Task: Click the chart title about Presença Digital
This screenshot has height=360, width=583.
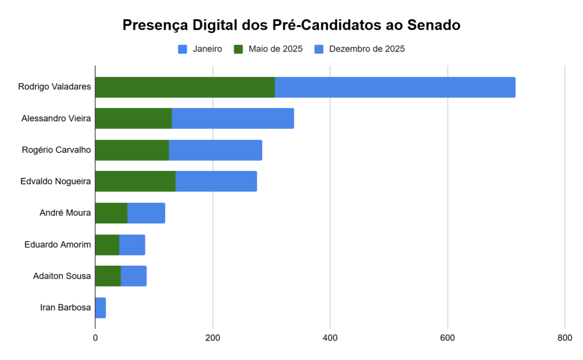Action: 291,25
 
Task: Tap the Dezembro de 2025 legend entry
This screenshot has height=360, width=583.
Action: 359,49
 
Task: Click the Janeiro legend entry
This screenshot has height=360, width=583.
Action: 200,49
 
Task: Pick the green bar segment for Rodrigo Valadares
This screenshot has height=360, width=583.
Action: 185,87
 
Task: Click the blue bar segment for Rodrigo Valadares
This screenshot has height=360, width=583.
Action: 395,87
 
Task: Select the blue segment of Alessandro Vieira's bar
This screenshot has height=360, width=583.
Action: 233,118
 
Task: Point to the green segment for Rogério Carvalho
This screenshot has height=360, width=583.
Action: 132,150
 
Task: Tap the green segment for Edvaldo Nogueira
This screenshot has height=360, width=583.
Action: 135,181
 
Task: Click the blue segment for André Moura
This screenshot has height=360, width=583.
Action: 146,212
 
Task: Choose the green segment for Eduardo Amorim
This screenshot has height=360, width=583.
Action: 107,245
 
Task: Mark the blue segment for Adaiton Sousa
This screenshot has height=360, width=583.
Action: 133,276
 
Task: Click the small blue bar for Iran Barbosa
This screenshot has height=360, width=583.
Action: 101,308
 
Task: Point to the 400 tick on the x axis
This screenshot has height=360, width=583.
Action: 330,338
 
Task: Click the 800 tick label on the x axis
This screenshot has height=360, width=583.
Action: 565,338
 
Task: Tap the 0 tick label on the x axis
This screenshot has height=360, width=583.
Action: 95,338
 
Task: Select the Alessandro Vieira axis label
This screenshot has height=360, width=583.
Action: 56,118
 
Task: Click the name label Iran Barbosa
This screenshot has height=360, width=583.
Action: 65,308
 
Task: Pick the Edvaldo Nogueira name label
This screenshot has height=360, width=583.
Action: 56,181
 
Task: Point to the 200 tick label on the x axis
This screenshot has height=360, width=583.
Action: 212,338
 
